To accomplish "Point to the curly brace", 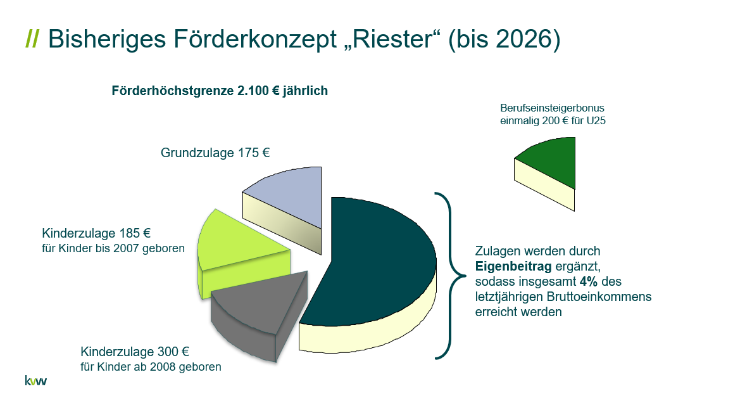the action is (451, 275).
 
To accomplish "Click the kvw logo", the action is (36, 381).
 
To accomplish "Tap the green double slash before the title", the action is (32, 39).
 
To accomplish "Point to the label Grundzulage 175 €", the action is (215, 153).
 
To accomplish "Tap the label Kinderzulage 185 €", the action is (96, 233).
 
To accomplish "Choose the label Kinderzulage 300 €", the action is (135, 352).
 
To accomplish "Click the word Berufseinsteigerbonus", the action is (552, 108).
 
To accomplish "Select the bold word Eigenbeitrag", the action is (513, 266).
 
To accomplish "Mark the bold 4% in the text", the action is (589, 281).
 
